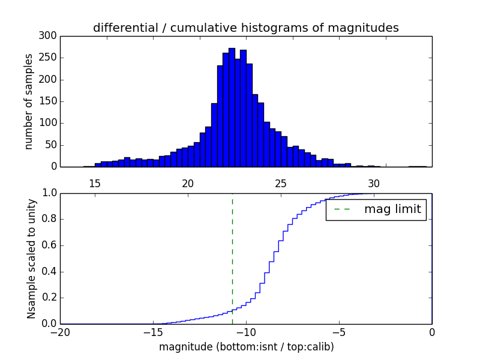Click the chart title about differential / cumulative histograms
[x=246, y=28]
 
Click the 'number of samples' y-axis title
[x=29, y=101]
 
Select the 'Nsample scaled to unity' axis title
[x=31, y=259]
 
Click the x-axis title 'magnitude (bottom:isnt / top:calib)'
[x=246, y=347]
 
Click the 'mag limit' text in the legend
[x=392, y=209]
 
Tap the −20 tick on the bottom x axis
[x=60, y=332]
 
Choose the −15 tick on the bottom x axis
[x=153, y=332]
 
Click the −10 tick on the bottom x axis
[x=246, y=332]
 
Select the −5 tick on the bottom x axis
[x=339, y=332]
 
